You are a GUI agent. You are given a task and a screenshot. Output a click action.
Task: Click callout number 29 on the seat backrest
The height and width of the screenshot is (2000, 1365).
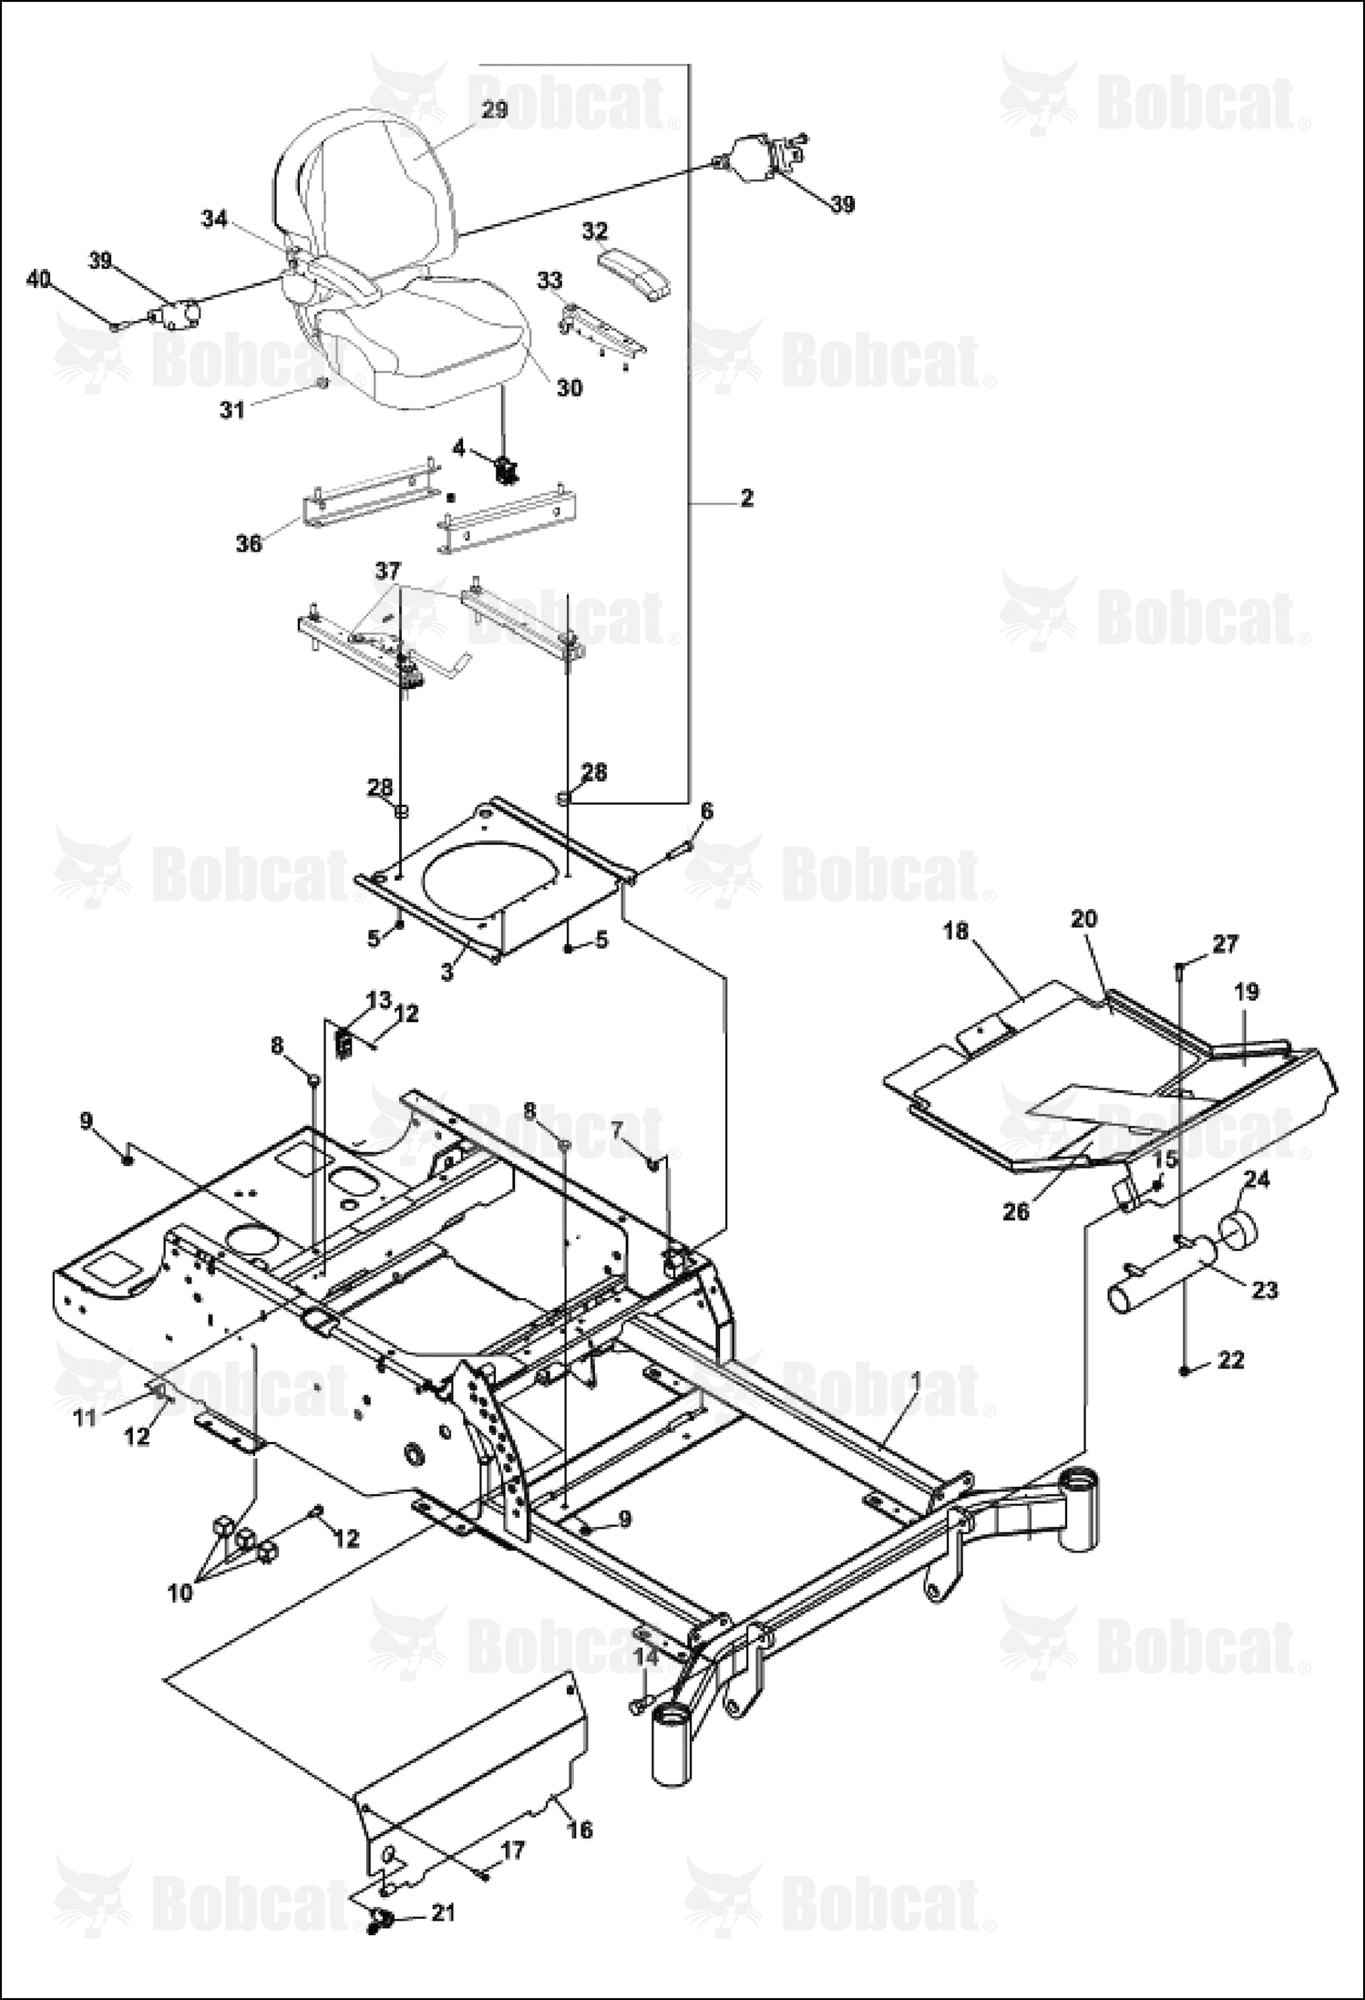(x=494, y=109)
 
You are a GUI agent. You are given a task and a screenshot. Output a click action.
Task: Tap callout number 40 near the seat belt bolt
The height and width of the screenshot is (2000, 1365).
(x=39, y=279)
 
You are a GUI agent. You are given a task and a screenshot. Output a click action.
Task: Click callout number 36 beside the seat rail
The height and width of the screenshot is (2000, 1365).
(x=249, y=543)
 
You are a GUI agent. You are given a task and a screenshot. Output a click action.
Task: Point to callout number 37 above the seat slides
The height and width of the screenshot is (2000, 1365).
(x=388, y=572)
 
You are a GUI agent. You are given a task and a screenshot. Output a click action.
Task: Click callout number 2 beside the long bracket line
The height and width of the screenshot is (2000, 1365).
(x=747, y=499)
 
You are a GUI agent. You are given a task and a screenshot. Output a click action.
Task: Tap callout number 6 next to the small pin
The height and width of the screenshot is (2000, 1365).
(x=707, y=811)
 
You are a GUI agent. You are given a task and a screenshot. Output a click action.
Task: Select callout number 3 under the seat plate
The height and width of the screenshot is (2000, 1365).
(x=446, y=973)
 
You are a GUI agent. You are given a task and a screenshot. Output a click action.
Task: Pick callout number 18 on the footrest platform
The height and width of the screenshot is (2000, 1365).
(x=957, y=932)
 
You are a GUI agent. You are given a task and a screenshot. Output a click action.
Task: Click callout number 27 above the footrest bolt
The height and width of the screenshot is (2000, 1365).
(x=1226, y=944)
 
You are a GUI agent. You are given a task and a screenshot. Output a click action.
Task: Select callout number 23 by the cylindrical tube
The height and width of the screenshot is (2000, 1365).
(x=1265, y=1290)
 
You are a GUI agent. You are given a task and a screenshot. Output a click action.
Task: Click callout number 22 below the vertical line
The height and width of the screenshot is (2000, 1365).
(x=1231, y=1360)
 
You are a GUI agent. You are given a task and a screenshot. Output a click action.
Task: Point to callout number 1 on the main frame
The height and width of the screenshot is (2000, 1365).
(x=917, y=1382)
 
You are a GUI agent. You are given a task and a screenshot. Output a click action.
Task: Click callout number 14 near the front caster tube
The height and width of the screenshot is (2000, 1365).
(x=645, y=1656)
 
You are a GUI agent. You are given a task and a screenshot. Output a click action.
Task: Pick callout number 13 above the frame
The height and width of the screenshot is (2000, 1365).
(x=379, y=1000)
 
